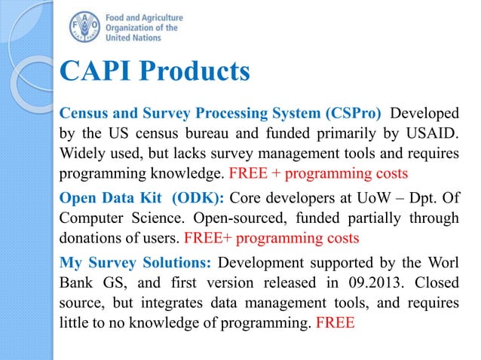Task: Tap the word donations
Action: coord(91,237)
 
